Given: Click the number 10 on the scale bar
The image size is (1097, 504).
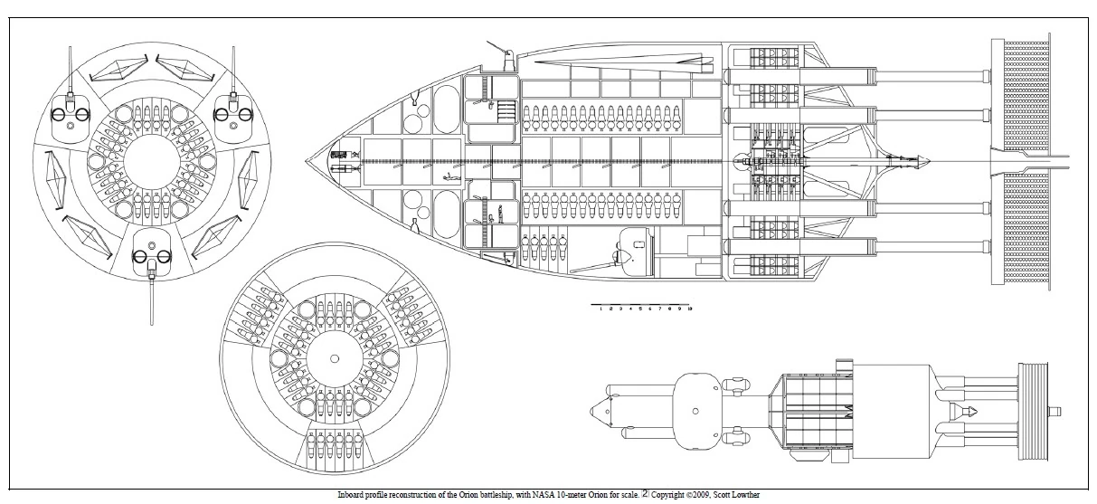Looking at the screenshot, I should click(x=690, y=309).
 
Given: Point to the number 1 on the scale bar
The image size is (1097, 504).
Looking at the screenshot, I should click(x=601, y=309).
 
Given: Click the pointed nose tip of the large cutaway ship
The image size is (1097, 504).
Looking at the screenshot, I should click(x=307, y=160).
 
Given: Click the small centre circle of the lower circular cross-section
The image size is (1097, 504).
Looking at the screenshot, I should click(x=336, y=359).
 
